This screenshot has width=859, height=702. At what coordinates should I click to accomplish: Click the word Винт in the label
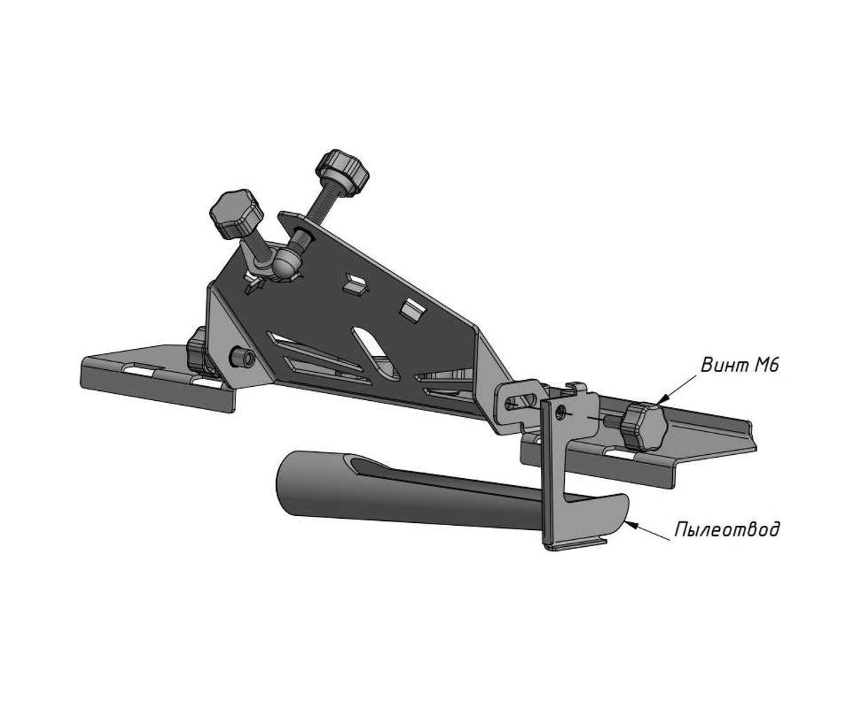[723, 364]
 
